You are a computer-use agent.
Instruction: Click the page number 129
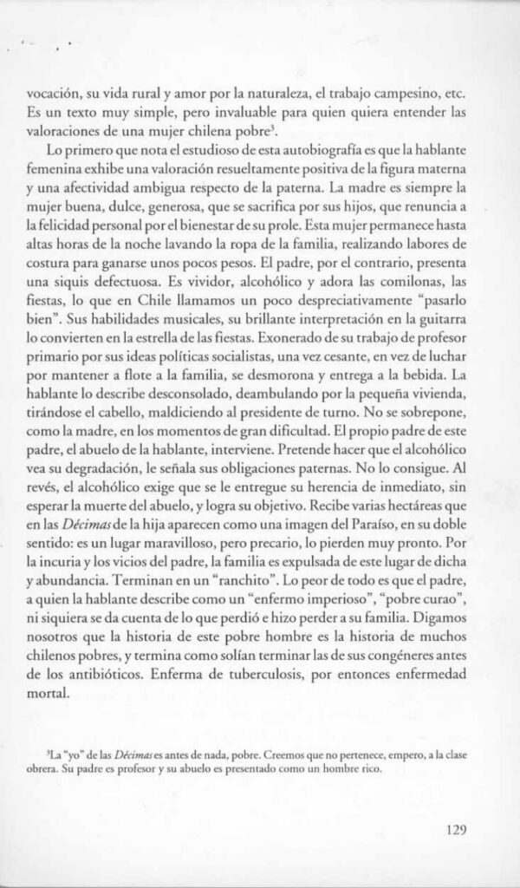(x=455, y=827)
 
